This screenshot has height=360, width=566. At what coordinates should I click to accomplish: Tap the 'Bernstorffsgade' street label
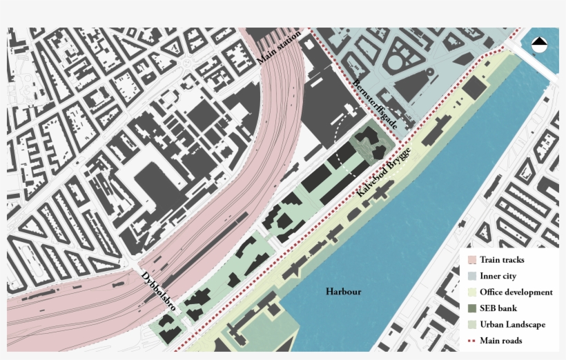[x=375, y=104]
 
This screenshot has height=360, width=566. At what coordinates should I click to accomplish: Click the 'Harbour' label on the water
[x=343, y=292]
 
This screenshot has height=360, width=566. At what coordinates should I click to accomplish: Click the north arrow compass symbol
[x=539, y=45]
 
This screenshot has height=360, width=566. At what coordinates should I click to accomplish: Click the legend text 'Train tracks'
[x=502, y=260]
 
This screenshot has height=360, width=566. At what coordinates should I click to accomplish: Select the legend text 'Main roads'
[x=500, y=341]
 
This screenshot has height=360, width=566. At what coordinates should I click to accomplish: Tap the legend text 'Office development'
[x=516, y=292]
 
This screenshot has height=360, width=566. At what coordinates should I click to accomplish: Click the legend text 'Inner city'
[x=498, y=277]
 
